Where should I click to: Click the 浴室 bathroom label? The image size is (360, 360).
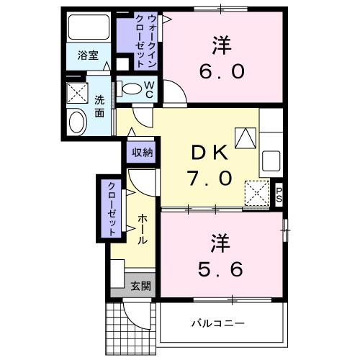coord(89,55)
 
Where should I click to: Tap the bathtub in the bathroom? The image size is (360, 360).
coord(88,29)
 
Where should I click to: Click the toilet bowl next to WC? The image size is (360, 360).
coord(132,89)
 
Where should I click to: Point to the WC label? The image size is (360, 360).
coord(149,90)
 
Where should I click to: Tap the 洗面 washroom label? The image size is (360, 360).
coord(99,106)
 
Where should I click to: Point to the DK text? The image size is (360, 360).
coord(210,152)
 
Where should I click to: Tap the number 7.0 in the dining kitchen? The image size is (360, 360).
coord(210,177)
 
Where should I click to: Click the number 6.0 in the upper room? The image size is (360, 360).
coord(221,71)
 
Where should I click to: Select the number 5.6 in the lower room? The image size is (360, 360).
coord(221,267)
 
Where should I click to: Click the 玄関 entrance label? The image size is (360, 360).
coord(140,285)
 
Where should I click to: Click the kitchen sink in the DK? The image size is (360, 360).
coord(272,158)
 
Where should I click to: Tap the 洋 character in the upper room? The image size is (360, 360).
coord(221,45)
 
